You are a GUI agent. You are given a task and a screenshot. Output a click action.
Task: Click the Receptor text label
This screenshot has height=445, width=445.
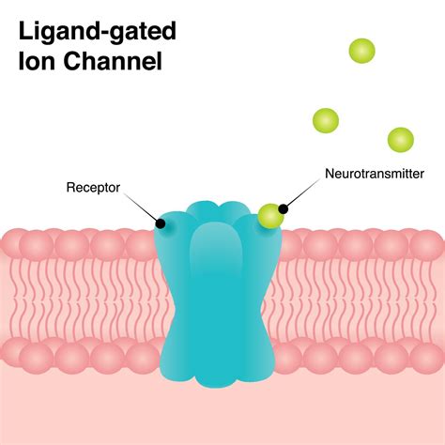pyautogui.click(x=92, y=187)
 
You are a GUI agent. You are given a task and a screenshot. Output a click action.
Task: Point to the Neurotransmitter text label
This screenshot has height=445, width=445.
pyautogui.click(x=374, y=174)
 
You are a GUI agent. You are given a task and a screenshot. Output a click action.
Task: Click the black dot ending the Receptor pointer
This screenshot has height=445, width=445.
pyautogui.click(x=161, y=222)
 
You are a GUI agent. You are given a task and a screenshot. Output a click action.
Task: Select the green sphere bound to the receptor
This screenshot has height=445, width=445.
pyautogui.click(x=270, y=216)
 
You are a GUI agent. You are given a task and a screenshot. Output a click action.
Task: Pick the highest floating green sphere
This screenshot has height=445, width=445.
pyautogui.click(x=361, y=51)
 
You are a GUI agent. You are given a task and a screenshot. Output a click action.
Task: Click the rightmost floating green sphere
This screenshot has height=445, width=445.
pyautogui.click(x=401, y=140)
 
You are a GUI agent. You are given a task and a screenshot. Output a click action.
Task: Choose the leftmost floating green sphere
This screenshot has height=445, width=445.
pyautogui.click(x=326, y=120)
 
